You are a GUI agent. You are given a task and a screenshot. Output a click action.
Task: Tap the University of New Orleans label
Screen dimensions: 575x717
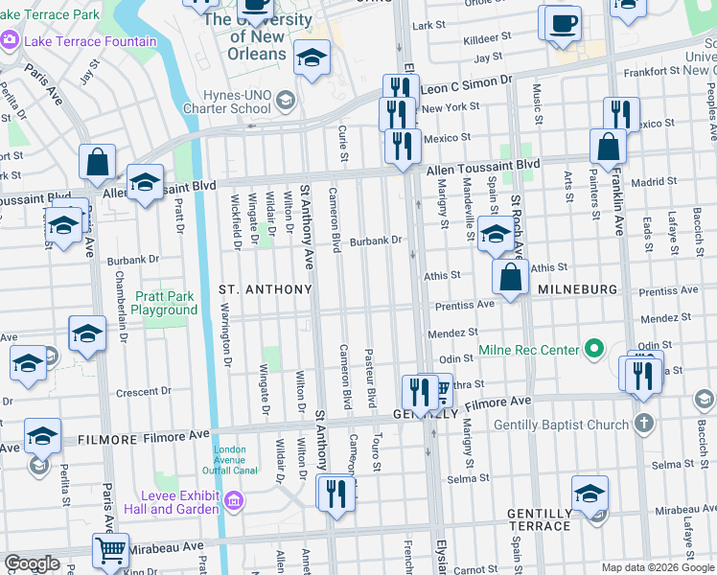click(x=258, y=36)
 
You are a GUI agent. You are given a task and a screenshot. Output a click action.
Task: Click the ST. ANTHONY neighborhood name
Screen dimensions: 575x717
click(x=266, y=288)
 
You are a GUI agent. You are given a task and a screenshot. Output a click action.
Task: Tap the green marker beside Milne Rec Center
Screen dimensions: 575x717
click(x=594, y=349)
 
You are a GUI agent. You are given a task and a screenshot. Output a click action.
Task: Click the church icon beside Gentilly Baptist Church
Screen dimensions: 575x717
click(x=644, y=423)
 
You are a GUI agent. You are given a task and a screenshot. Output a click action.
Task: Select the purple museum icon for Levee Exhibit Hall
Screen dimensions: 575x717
click(x=232, y=500)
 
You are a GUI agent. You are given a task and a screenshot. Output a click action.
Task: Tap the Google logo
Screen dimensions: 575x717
click(x=32, y=563)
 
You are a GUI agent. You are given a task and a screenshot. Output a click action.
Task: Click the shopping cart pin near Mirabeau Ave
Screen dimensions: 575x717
click(x=111, y=551)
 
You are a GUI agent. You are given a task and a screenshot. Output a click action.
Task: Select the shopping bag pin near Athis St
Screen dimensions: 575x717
click(x=511, y=278)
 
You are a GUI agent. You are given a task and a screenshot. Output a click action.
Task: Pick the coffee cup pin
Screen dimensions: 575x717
click(x=564, y=21)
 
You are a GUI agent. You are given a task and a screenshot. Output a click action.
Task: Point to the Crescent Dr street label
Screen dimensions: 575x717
click(x=143, y=392)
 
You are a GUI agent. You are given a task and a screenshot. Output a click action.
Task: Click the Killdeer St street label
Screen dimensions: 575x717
click(x=486, y=41)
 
